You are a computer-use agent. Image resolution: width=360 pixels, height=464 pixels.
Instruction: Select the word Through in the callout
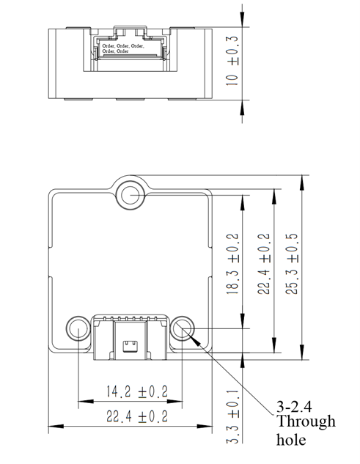pos(306,421)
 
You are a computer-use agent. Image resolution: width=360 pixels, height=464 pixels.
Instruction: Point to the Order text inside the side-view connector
pos(122,48)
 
